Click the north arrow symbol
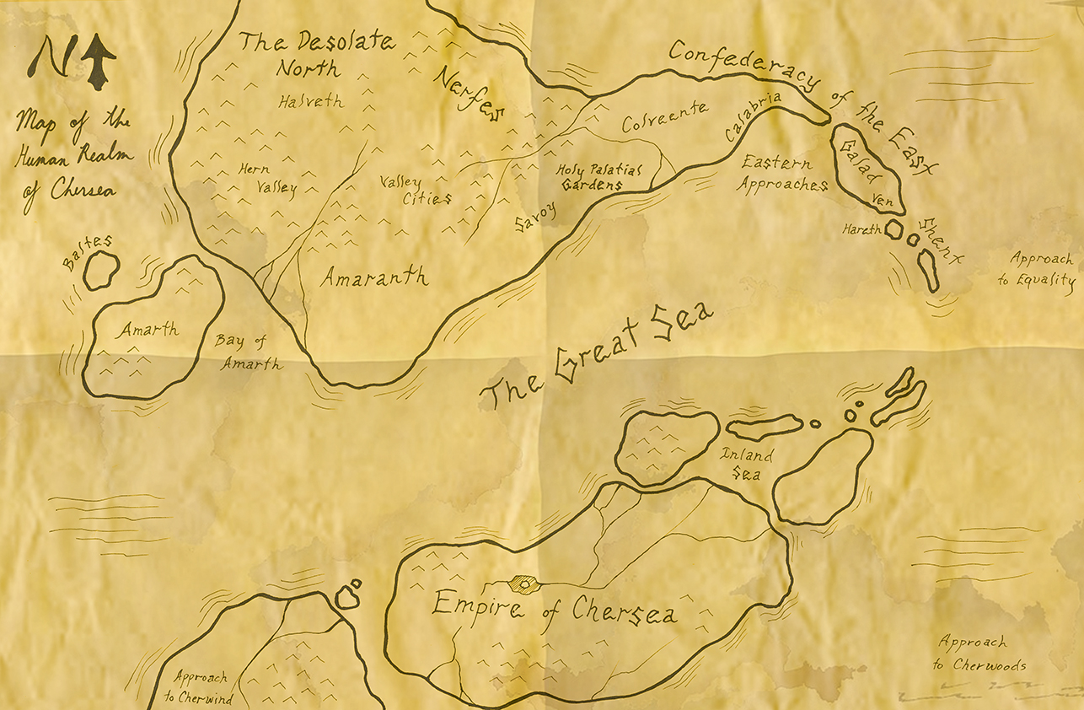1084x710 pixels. (x=99, y=62)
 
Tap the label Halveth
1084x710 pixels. (x=310, y=100)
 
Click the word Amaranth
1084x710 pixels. (x=373, y=277)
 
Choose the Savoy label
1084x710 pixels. (x=536, y=218)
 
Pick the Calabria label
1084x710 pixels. (x=754, y=119)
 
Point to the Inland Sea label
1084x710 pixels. (x=745, y=464)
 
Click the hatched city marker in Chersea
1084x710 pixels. (x=525, y=583)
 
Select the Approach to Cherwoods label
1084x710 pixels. (x=979, y=653)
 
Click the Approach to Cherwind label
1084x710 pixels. (x=202, y=687)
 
